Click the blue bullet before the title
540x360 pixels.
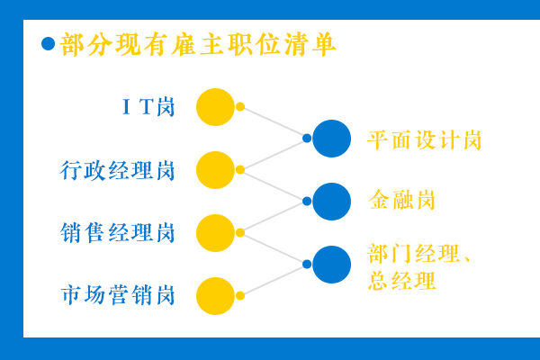pyautogui.click(x=49, y=44)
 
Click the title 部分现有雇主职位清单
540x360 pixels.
pyautogui.click(x=198, y=44)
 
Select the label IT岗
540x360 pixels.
pyautogui.click(x=148, y=107)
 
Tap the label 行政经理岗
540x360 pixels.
pyautogui.click(x=117, y=170)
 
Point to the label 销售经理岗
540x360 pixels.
pyautogui.click(x=117, y=233)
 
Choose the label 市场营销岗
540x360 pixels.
pyautogui.click(x=117, y=295)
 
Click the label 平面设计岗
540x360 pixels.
pyautogui.click(x=424, y=139)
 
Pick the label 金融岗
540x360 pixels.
pyautogui.click(x=401, y=200)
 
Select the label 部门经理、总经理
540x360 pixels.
pyautogui.click(x=419, y=267)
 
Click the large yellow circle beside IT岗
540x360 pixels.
pyautogui.click(x=216, y=107)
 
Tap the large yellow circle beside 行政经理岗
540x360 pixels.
pyautogui.click(x=216, y=170)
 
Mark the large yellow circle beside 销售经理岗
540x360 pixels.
pyautogui.click(x=216, y=233)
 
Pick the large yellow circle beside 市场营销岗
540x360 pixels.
pyautogui.click(x=216, y=296)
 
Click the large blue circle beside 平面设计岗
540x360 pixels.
pyautogui.click(x=331, y=139)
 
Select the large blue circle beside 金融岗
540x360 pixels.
pyautogui.click(x=331, y=202)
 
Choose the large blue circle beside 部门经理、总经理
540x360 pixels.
pyautogui.click(x=331, y=265)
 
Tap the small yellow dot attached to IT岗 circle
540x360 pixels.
pyautogui.click(x=240, y=107)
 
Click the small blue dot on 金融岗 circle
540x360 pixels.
pyautogui.click(x=307, y=202)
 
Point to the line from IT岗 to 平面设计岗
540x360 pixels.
pyautogui.click(x=274, y=122)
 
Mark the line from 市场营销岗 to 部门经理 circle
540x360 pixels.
pyautogui.click(x=274, y=280)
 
